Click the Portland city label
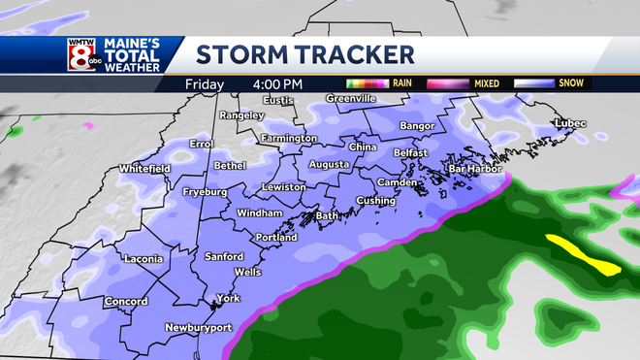274,238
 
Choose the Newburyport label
199,327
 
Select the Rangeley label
242,115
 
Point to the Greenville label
350,98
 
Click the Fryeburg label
206,192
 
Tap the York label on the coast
229,298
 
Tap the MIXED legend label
486,83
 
